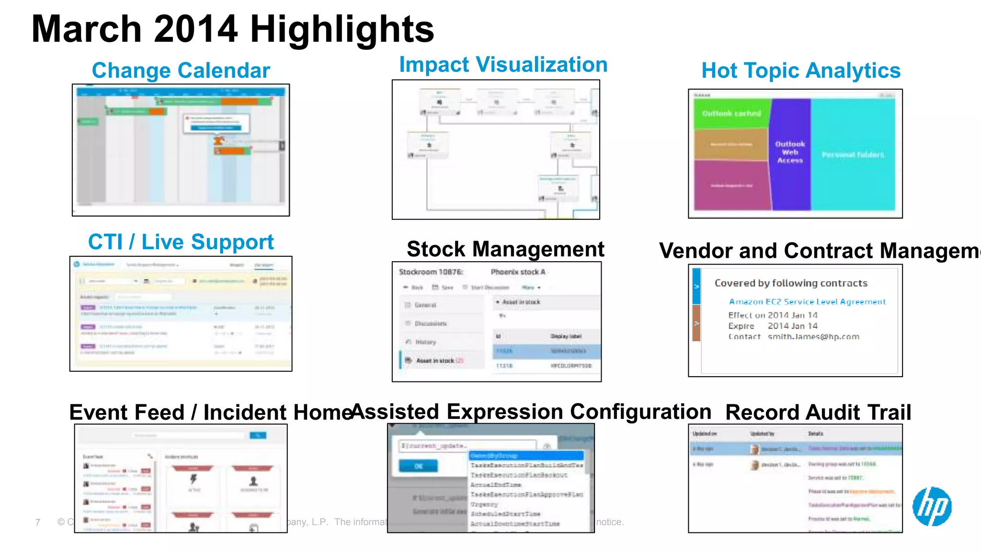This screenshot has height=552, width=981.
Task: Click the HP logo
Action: point(932,506)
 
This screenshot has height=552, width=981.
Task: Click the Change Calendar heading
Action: point(181,70)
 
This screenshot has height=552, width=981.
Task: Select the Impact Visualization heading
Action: point(503,65)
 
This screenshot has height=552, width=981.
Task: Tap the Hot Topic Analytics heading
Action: point(800,70)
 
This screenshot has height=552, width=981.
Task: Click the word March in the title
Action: point(86,29)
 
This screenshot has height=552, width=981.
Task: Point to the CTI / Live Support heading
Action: point(181,242)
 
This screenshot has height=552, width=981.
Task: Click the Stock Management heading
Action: point(505,249)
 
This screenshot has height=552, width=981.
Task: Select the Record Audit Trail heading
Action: point(818,413)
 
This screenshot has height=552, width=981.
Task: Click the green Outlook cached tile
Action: point(731,114)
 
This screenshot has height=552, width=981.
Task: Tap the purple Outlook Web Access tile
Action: point(790,152)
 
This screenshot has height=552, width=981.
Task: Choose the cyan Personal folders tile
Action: point(853,155)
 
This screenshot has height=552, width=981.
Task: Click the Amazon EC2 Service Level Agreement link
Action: point(807,302)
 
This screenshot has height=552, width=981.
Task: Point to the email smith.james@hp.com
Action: point(813,337)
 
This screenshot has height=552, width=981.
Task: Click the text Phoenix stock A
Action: point(518,272)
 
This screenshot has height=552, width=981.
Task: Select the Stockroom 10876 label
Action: point(431,272)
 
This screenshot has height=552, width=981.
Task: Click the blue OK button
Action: point(418,466)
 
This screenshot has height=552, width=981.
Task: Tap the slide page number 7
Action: point(38,522)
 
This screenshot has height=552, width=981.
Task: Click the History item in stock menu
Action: point(425,342)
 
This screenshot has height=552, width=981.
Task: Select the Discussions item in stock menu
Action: point(430,324)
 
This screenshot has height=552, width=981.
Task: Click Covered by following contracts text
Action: point(791,283)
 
